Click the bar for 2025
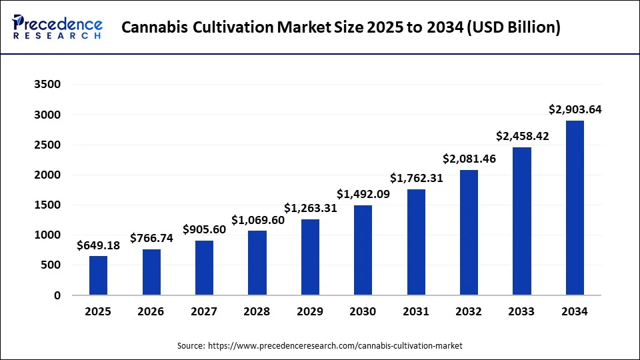click(x=98, y=275)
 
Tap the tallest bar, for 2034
click(x=575, y=207)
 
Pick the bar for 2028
click(x=257, y=263)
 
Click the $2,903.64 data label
click(x=575, y=109)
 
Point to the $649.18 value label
click(x=98, y=245)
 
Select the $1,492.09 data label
click(x=363, y=194)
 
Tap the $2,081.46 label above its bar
click(x=469, y=159)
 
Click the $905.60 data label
click(x=204, y=229)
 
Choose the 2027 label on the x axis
click(x=204, y=311)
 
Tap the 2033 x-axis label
click(x=522, y=311)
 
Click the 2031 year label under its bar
click(x=416, y=311)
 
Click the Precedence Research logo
click(x=57, y=27)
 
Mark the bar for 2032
click(x=469, y=233)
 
